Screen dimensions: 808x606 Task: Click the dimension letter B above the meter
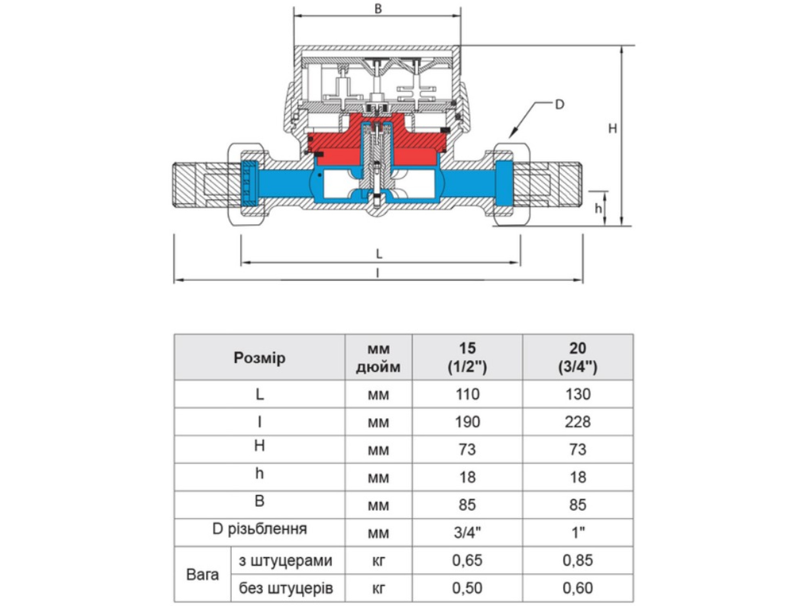[378, 9]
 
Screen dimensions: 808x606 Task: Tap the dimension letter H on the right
[612, 128]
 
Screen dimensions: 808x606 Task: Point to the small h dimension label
[598, 208]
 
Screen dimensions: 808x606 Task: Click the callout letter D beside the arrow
[560, 105]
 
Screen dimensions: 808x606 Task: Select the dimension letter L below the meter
[379, 254]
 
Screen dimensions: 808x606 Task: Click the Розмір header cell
[259, 358]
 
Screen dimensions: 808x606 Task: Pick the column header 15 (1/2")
[467, 358]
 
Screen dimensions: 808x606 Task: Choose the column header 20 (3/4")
[578, 358]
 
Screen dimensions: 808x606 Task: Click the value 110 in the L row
[467, 394]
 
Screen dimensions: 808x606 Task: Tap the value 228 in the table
[578, 422]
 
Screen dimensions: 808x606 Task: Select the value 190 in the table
[467, 422]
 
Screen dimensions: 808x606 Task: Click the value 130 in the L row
[578, 394]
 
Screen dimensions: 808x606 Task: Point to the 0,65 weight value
[467, 560]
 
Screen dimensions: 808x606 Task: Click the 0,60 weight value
[578, 588]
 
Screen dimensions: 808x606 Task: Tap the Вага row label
[202, 574]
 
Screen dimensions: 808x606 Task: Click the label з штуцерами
[285, 561]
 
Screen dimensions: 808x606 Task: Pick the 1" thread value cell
[578, 532]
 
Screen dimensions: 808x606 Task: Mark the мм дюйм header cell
[378, 358]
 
